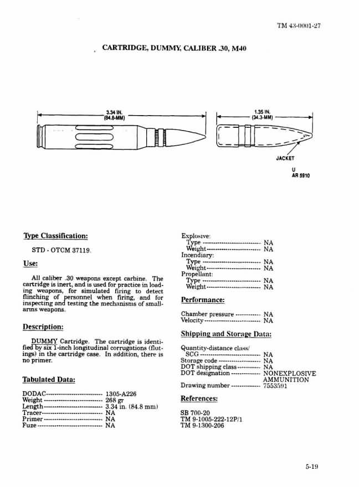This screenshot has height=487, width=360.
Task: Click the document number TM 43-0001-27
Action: click(x=299, y=27)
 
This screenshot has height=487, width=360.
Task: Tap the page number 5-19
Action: click(x=311, y=467)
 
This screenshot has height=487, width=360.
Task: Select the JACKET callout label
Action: click(x=285, y=158)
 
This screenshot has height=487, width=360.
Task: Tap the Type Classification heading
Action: click(x=55, y=236)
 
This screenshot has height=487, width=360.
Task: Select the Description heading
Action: click(x=43, y=327)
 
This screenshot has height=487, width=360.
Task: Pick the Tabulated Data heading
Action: click(x=49, y=380)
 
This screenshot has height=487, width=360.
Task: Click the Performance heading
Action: click(x=203, y=300)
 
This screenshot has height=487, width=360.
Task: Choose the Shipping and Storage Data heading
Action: click(x=226, y=334)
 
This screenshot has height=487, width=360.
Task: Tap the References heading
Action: click(x=199, y=398)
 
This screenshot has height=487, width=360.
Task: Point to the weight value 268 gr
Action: click(x=115, y=400)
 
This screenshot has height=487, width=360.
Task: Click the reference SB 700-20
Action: click(x=196, y=413)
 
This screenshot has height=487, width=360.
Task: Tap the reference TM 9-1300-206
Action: click(x=203, y=426)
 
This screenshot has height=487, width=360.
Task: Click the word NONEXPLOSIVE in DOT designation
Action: click(x=290, y=374)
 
